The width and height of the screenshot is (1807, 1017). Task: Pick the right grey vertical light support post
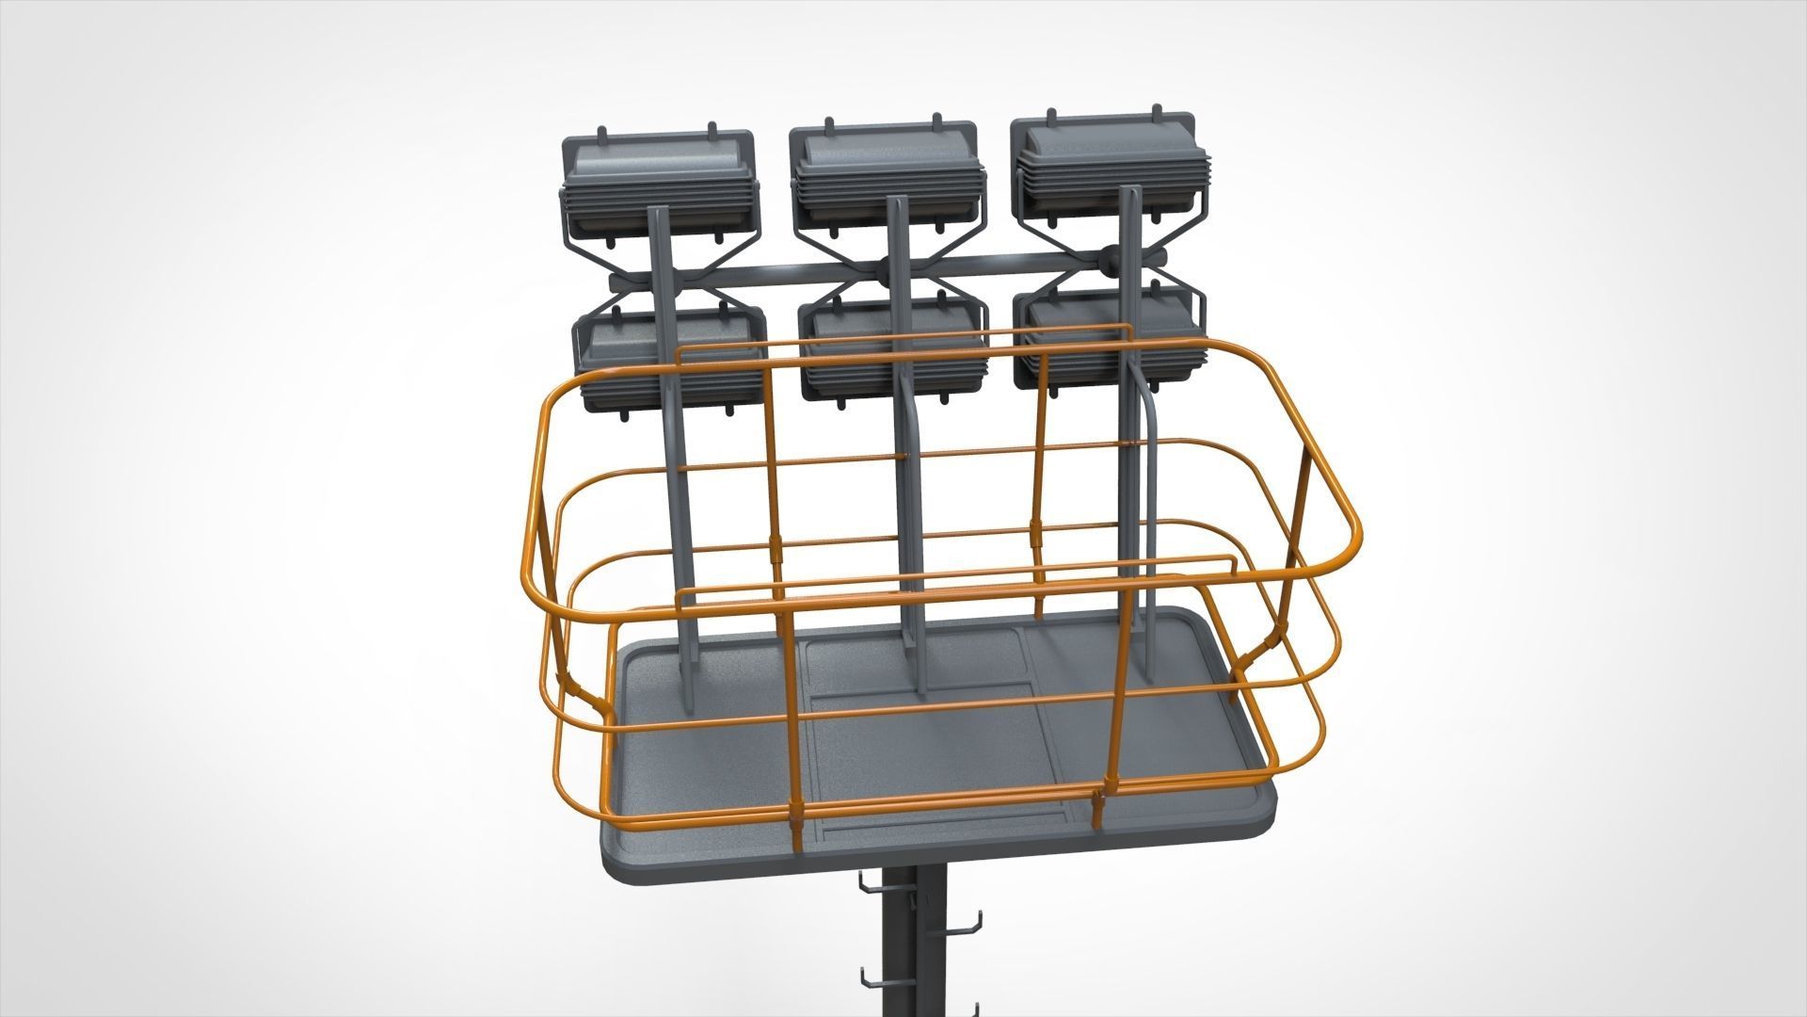(1134, 452)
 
